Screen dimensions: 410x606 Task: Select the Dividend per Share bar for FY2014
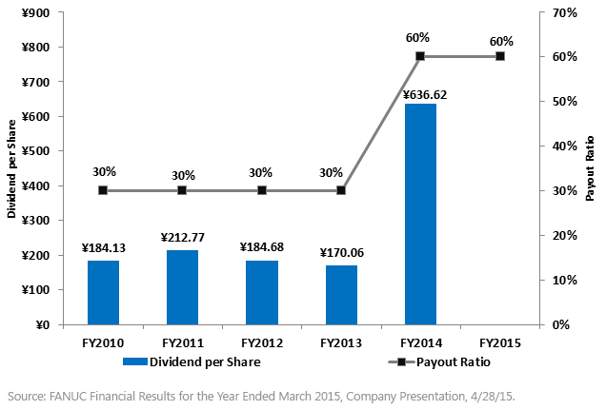(420, 214)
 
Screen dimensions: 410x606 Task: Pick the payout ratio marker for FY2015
(500, 56)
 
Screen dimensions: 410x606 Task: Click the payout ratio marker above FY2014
(420, 56)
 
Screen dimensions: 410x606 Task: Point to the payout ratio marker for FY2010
(103, 190)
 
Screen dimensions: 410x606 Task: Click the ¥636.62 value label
(420, 94)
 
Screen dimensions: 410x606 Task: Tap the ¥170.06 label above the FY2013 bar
(341, 253)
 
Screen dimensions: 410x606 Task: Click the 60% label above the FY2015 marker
(500, 41)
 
